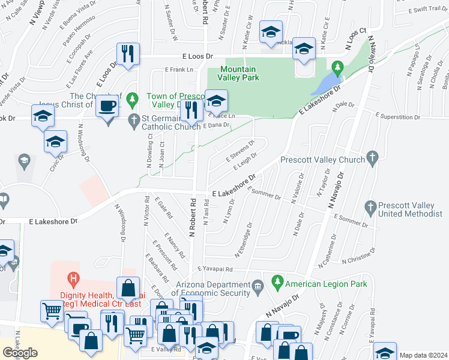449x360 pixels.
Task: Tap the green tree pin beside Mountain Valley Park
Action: pyautogui.click(x=337, y=66)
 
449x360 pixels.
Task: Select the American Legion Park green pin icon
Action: pyautogui.click(x=277, y=281)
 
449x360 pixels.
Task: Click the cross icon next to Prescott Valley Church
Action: pyautogui.click(x=372, y=160)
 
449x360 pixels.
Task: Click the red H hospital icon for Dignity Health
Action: pyautogui.click(x=74, y=278)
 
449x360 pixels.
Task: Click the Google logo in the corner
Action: pyautogui.click(x=20, y=352)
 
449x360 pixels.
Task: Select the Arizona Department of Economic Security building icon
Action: pyautogui.click(x=258, y=284)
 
